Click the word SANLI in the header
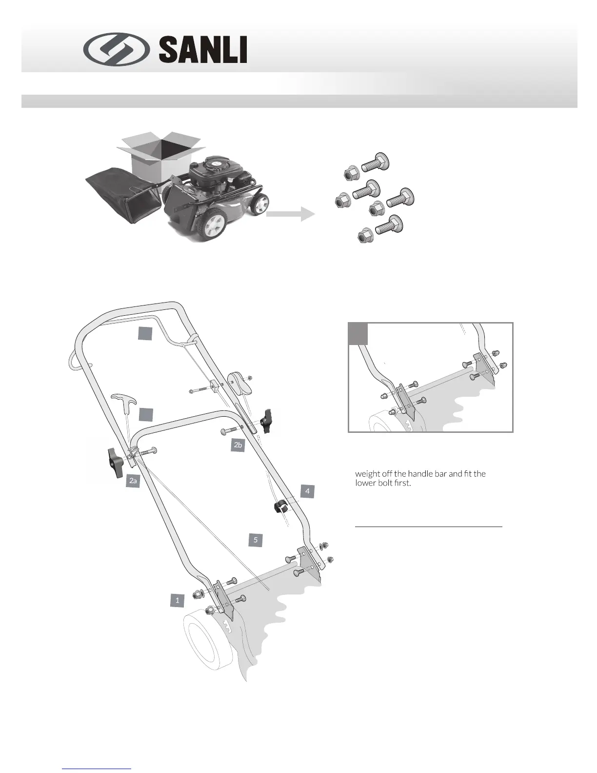(202, 50)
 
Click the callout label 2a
(133, 481)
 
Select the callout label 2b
(238, 445)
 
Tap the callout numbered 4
(307, 491)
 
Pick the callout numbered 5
(255, 540)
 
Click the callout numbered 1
(178, 600)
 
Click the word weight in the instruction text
(367, 474)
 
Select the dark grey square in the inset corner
(358, 334)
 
